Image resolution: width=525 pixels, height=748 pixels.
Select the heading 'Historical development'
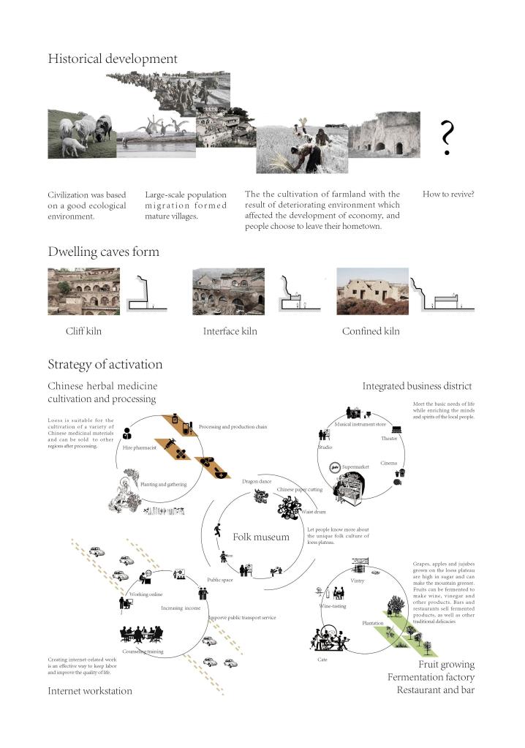click(113, 58)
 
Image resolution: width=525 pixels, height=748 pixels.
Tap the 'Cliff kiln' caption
click(83, 331)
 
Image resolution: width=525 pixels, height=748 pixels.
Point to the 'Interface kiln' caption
click(230, 331)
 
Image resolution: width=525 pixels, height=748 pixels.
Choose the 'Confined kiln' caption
click(371, 331)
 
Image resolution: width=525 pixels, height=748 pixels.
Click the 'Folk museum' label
click(261, 537)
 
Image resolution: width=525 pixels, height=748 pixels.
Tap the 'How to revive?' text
click(449, 194)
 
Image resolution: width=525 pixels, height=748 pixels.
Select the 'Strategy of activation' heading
click(105, 364)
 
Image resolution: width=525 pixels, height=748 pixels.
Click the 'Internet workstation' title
click(90, 690)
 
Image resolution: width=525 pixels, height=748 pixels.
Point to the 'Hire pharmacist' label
click(140, 447)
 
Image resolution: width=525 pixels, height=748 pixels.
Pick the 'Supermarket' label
click(356, 466)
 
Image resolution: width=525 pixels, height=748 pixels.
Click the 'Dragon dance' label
click(257, 481)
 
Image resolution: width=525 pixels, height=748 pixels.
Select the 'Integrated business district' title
click(417, 385)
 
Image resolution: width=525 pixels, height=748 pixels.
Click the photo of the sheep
click(80, 134)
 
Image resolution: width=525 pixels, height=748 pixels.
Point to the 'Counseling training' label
click(143, 651)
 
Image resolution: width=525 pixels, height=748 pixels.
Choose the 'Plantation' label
click(373, 623)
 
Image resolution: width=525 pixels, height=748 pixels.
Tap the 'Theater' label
click(389, 438)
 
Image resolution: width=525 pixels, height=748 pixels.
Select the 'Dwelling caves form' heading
click(103, 252)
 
